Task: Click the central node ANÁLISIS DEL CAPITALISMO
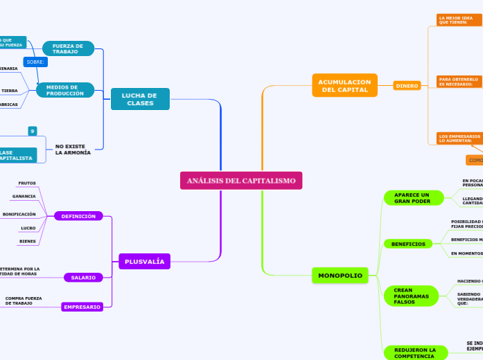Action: tap(241, 181)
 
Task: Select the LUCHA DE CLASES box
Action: tap(140, 99)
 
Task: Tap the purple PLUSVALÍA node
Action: tap(145, 261)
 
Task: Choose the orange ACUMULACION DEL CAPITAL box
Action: tap(344, 85)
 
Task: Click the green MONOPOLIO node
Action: tap(340, 276)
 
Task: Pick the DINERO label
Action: tap(407, 86)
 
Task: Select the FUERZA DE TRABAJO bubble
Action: tap(68, 48)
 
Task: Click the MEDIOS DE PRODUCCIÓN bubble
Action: tap(65, 90)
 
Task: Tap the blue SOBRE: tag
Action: tap(35, 62)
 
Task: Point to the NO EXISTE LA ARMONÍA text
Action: tap(73, 150)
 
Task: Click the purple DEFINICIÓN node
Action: tap(78, 216)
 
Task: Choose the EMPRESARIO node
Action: tap(82, 307)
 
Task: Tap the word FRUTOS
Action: tap(27, 183)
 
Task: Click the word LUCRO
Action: tap(28, 228)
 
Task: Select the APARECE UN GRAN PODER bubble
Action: tap(412, 198)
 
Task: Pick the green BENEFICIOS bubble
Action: tap(408, 244)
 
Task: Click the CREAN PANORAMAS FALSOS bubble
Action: tap(412, 296)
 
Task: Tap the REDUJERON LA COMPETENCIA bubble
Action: tap(410, 352)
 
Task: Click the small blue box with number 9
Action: tap(32, 131)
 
